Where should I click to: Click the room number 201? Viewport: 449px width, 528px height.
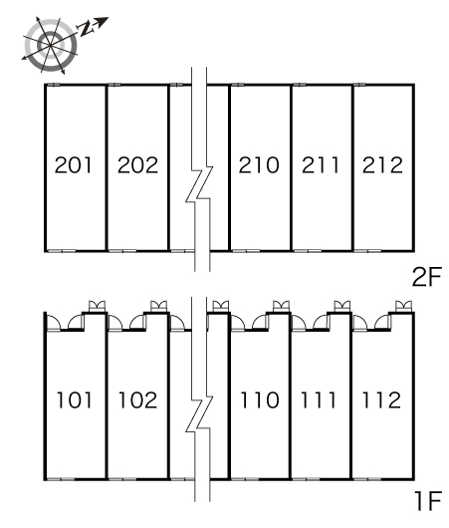tap(73, 165)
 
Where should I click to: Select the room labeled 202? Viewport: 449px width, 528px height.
tap(137, 165)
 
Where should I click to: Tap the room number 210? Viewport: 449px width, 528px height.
tap(259, 165)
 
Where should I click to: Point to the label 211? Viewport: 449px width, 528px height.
tap(321, 165)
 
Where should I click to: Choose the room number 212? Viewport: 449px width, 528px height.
tap(382, 165)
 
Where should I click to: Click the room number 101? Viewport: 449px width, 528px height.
tap(74, 400)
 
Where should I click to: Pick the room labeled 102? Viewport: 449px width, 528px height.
tap(138, 400)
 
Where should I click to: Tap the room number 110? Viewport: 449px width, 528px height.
tap(260, 400)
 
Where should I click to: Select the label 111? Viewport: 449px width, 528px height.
tap(319, 400)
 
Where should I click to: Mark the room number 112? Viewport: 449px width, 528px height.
tap(381, 400)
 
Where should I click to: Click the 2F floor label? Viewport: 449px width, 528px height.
tap(426, 277)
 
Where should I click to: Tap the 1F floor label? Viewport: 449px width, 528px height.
tap(428, 501)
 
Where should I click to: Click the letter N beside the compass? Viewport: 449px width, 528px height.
tap(87, 29)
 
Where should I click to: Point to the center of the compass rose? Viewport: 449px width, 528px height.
tap(51, 45)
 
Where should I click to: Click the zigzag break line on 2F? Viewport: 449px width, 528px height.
tap(199, 183)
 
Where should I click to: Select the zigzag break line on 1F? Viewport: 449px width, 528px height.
tap(199, 414)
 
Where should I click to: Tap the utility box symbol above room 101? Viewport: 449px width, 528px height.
tap(97, 307)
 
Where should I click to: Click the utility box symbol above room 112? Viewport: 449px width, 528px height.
tap(403, 307)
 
